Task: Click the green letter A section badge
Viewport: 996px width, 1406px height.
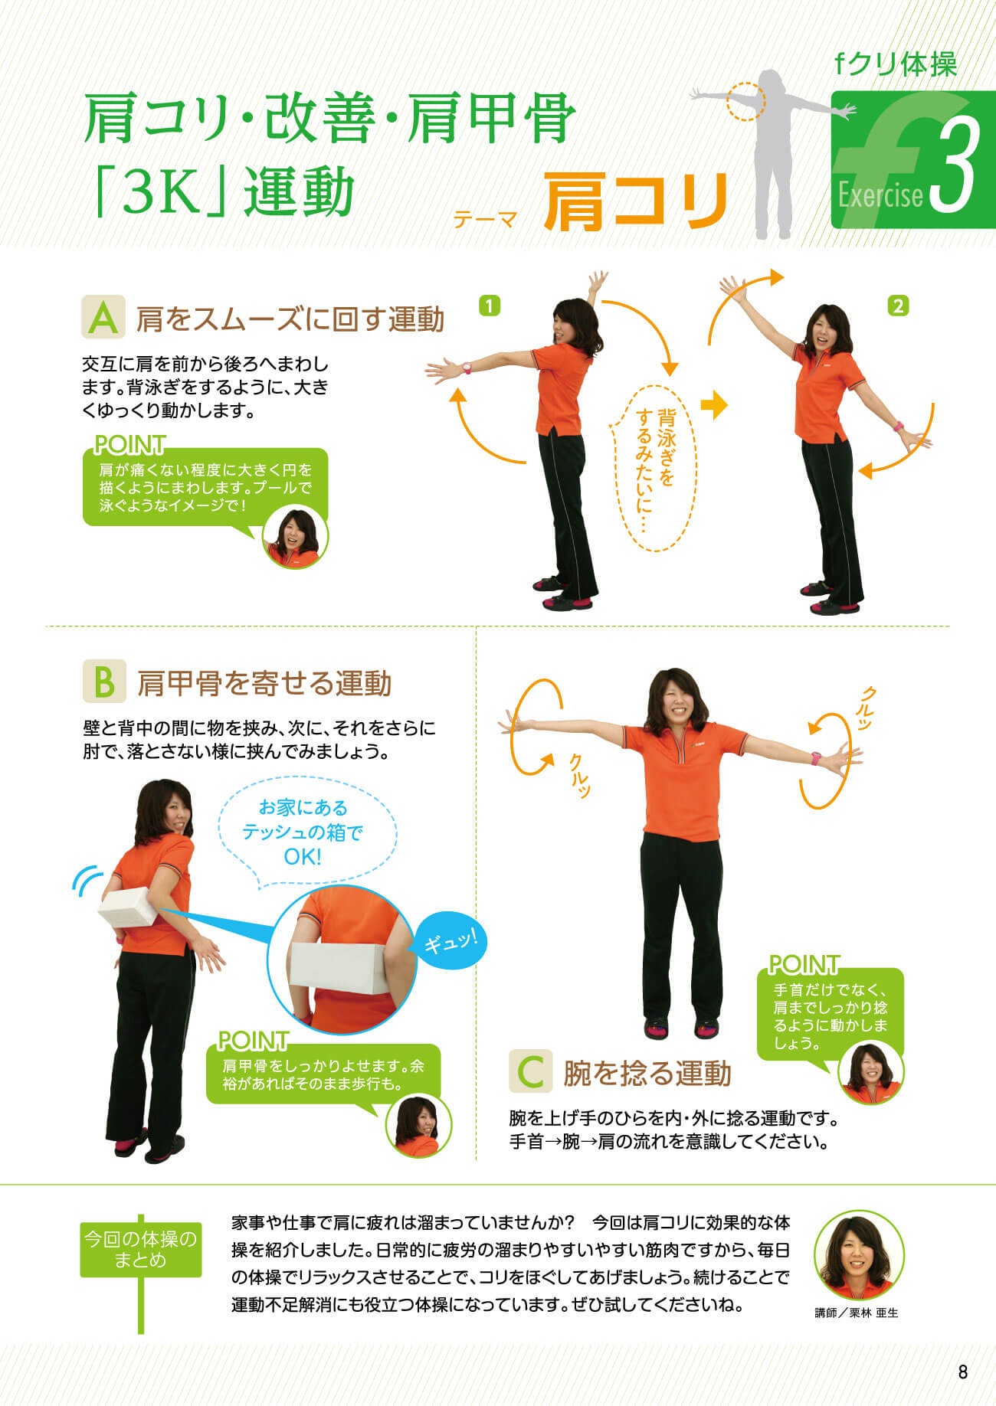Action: [103, 318]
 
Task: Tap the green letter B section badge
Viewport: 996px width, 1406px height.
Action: [103, 682]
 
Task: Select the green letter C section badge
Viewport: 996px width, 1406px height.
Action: [530, 1071]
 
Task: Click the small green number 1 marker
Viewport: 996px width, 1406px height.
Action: [489, 306]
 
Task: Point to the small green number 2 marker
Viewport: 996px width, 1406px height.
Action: [898, 306]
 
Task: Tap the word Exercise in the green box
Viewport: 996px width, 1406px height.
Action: [880, 196]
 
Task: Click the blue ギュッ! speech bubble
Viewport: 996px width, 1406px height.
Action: [450, 940]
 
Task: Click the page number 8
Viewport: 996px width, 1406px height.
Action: [963, 1372]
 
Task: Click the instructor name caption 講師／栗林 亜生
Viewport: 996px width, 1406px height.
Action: [857, 1313]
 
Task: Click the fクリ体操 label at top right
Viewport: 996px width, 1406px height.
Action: [896, 65]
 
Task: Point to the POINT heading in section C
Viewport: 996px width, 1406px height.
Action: [804, 963]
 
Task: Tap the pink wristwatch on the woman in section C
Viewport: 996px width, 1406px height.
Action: [816, 758]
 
